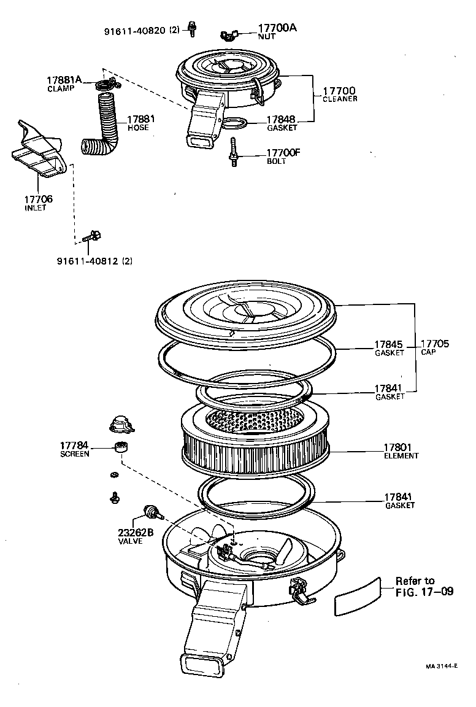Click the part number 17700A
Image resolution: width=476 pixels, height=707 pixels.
(x=277, y=28)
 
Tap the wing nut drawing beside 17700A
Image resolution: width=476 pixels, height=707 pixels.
(x=232, y=36)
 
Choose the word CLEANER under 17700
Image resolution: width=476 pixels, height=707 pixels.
(x=340, y=99)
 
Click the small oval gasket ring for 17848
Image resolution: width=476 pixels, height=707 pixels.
(x=234, y=125)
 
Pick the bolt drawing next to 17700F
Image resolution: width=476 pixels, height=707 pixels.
(x=234, y=151)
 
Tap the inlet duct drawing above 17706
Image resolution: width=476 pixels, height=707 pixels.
(x=38, y=150)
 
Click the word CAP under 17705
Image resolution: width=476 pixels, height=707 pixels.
(x=428, y=352)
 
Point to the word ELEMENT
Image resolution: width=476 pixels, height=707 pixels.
(x=401, y=456)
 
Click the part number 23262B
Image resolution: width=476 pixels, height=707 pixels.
(x=136, y=532)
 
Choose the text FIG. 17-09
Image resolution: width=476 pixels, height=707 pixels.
(x=424, y=592)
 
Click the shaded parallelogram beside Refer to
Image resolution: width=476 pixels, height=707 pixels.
(x=357, y=595)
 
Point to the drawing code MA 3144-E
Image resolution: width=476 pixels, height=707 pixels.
(x=442, y=665)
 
